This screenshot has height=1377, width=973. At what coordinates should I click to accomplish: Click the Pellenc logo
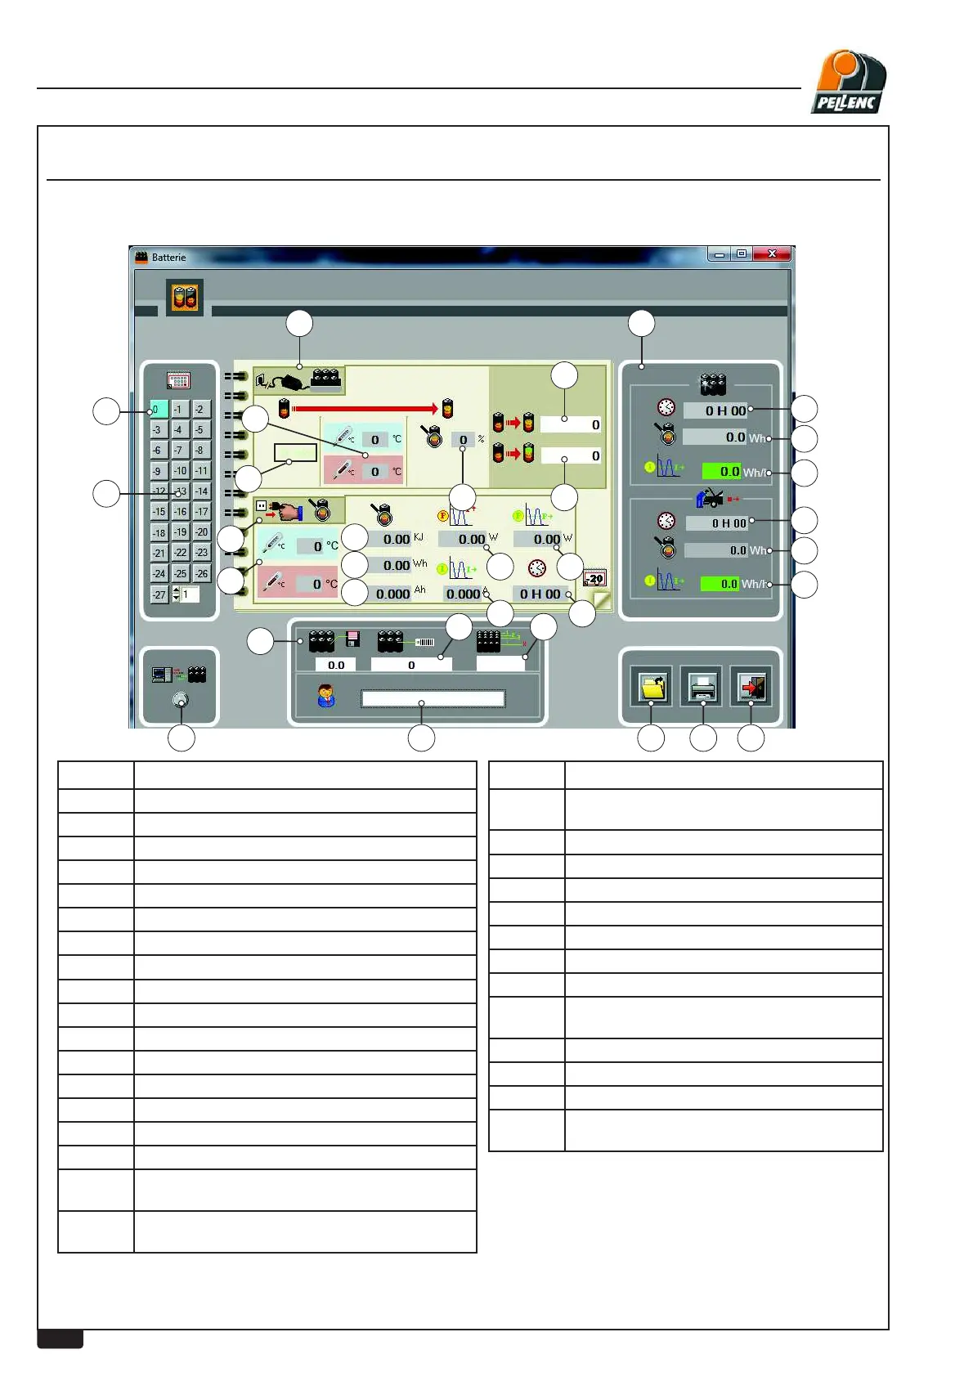[849, 83]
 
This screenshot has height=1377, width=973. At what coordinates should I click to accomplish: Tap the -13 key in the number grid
[180, 491]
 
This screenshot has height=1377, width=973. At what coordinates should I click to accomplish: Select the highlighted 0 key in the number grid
[158, 409]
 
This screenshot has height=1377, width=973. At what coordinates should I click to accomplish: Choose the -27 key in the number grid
[159, 594]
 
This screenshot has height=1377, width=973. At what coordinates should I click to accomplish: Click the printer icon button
[702, 687]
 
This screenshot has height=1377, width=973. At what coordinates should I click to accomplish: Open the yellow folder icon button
[652, 687]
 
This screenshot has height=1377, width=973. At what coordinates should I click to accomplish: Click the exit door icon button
[751, 687]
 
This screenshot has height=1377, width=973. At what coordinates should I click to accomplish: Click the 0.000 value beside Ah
[392, 594]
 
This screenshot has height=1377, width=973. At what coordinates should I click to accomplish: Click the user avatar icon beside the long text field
[326, 696]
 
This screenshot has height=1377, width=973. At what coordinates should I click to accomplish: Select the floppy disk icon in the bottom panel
[352, 639]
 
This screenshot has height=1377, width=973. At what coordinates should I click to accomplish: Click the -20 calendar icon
[594, 579]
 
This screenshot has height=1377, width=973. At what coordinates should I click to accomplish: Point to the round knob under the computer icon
[181, 700]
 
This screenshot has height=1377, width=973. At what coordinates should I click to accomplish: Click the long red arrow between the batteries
[365, 408]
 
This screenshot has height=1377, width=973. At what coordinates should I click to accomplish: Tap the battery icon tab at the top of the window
[185, 297]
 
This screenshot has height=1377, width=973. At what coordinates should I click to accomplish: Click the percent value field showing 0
[463, 440]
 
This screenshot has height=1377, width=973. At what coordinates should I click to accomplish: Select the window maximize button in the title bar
[742, 254]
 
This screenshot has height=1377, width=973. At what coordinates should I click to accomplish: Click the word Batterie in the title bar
[168, 258]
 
